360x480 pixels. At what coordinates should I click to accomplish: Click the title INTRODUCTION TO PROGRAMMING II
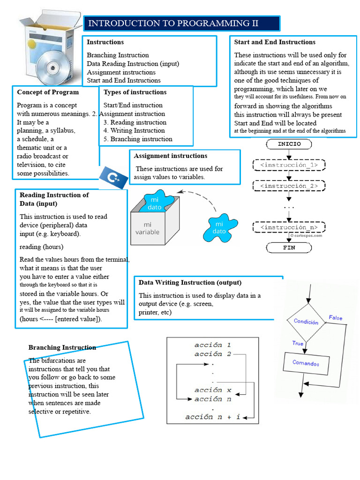click(173, 23)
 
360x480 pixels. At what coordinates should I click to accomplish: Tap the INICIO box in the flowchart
click(289, 144)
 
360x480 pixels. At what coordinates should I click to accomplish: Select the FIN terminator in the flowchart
click(289, 247)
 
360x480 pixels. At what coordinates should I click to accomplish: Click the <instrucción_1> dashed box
click(289, 165)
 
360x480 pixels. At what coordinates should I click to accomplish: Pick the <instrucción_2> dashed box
click(289, 186)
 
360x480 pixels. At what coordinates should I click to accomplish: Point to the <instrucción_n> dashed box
click(289, 227)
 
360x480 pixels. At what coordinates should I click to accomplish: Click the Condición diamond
click(306, 322)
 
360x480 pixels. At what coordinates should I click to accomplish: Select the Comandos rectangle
click(306, 363)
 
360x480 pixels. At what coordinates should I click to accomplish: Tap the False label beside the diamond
click(336, 318)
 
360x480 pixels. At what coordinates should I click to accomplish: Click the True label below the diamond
click(298, 344)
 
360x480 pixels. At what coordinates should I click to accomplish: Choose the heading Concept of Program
click(48, 92)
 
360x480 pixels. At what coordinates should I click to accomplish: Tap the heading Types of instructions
click(135, 92)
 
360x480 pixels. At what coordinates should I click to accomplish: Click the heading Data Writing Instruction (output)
click(190, 283)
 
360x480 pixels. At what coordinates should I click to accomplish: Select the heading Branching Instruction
click(62, 347)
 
